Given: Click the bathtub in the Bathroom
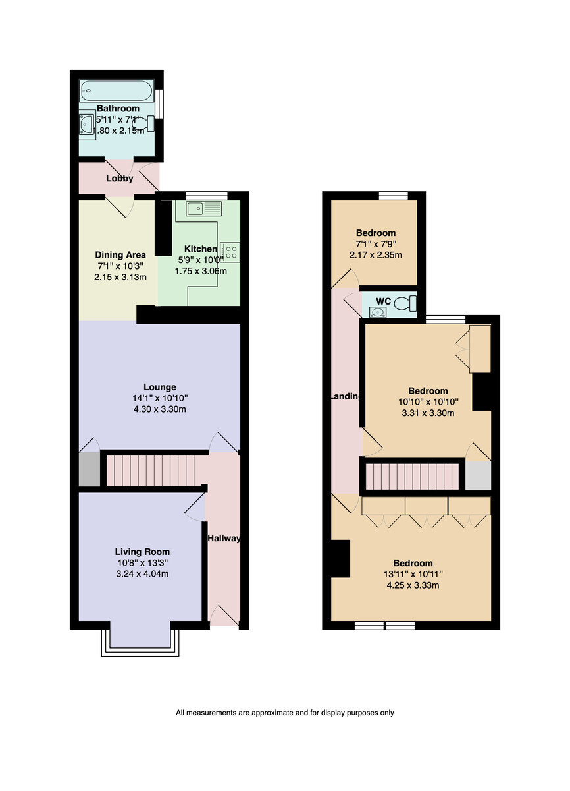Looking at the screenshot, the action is [x=117, y=91].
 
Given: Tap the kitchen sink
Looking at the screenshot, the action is [x=204, y=208].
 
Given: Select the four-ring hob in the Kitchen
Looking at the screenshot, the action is [x=230, y=252].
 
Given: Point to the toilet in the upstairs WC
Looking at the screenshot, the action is [x=405, y=303].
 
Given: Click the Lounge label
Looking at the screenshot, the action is [x=160, y=387].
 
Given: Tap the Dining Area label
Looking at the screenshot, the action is [x=120, y=255].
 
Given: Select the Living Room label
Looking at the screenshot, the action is [x=142, y=552].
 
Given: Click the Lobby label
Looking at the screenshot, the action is [x=120, y=179].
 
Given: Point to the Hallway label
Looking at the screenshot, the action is [x=224, y=538].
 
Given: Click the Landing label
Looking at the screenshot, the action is [x=346, y=396].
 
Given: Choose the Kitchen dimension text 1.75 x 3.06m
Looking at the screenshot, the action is [x=201, y=271].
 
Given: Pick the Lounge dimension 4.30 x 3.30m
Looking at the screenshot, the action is [x=160, y=409].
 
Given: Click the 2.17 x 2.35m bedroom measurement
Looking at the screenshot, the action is [x=376, y=255].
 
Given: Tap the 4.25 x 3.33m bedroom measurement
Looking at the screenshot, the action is [x=413, y=585].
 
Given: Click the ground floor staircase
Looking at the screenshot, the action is [x=151, y=471].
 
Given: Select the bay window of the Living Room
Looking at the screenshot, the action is [x=140, y=644].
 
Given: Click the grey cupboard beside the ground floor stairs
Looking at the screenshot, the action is [x=89, y=469].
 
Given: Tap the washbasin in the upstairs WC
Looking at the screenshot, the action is [x=378, y=312].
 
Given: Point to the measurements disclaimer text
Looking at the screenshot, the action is [x=285, y=713].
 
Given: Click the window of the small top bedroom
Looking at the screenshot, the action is [x=394, y=196].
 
